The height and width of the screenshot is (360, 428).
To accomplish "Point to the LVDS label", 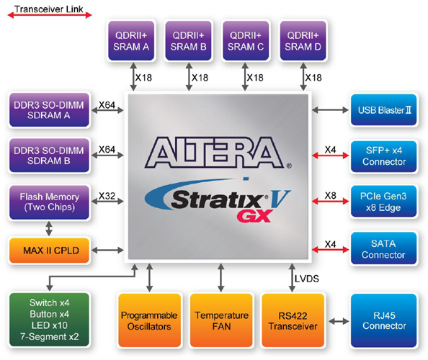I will pos(306,277).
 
